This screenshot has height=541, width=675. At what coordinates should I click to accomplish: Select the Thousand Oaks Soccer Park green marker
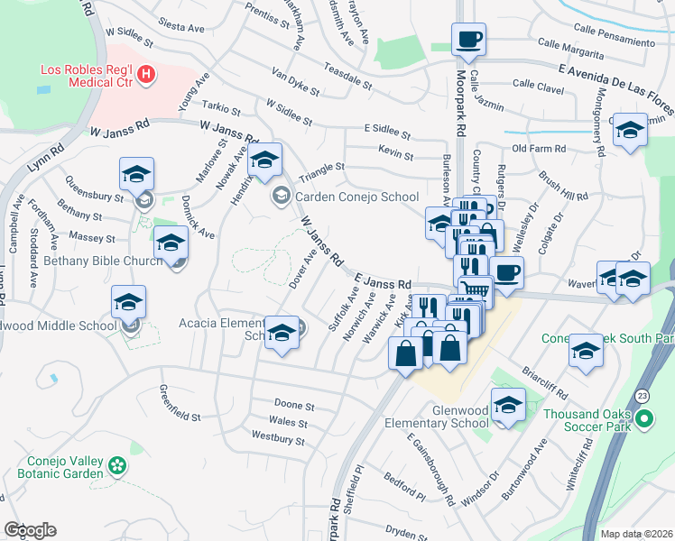coord(644,419)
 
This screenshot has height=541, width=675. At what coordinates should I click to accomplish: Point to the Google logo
coord(30,529)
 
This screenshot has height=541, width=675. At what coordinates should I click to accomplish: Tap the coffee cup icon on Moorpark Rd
coord(468,39)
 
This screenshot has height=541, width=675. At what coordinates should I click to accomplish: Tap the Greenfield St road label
coord(180,403)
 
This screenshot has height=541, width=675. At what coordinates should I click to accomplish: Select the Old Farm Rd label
coord(539,148)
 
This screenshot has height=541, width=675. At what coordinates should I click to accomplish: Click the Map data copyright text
coord(635,532)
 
